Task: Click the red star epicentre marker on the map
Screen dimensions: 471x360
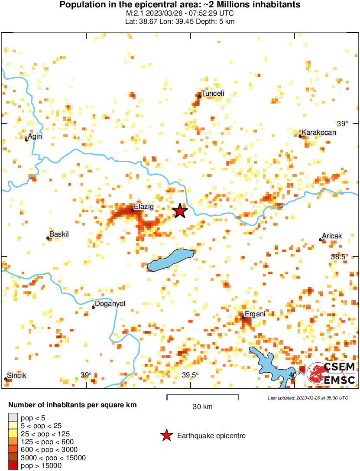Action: tap(180, 211)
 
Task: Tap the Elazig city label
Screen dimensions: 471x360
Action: tap(144, 207)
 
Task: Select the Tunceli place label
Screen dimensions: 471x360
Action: tap(213, 94)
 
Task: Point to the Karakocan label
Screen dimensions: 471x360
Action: tap(319, 133)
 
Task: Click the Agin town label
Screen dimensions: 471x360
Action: tap(35, 136)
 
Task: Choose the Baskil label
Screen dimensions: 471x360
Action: tap(59, 234)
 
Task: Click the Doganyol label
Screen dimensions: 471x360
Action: tap(110, 304)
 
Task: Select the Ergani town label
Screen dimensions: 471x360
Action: tap(255, 314)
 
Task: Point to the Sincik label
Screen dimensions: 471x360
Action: tap(16, 376)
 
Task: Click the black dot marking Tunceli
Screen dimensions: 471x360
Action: tap(199, 97)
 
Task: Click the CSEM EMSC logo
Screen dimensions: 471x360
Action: tap(331, 374)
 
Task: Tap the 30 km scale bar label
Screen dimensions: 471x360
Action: tap(202, 407)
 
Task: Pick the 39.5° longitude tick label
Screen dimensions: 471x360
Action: tap(190, 375)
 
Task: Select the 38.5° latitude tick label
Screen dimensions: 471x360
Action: tap(340, 257)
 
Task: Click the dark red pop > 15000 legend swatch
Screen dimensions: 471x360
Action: tap(13, 466)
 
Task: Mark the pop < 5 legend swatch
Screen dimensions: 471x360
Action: tap(13, 417)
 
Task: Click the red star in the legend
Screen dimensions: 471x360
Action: tap(166, 436)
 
